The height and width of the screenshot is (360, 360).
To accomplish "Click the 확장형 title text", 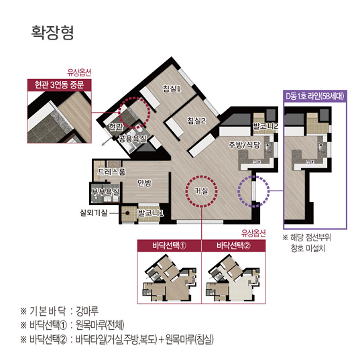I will tap(52, 32).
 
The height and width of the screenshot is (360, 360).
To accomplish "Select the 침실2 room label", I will tap(196, 121).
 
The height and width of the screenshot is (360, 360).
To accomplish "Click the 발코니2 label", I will tap(265, 125).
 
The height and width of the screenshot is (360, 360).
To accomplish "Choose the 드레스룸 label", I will tap(111, 172).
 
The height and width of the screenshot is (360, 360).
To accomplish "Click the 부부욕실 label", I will tap(105, 192).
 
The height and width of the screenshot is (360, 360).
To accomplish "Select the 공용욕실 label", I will tap(132, 139).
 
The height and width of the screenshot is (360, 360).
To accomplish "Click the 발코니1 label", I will tap(152, 213).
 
